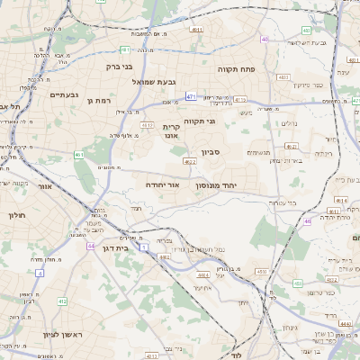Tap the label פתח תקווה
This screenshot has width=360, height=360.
(x=238, y=68)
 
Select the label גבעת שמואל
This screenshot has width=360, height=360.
(x=152, y=82)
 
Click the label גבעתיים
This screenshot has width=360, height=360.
(x=66, y=95)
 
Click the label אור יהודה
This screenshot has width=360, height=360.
(x=164, y=184)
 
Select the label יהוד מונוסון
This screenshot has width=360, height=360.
(x=220, y=185)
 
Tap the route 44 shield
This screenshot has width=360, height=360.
(x=91, y=245)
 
